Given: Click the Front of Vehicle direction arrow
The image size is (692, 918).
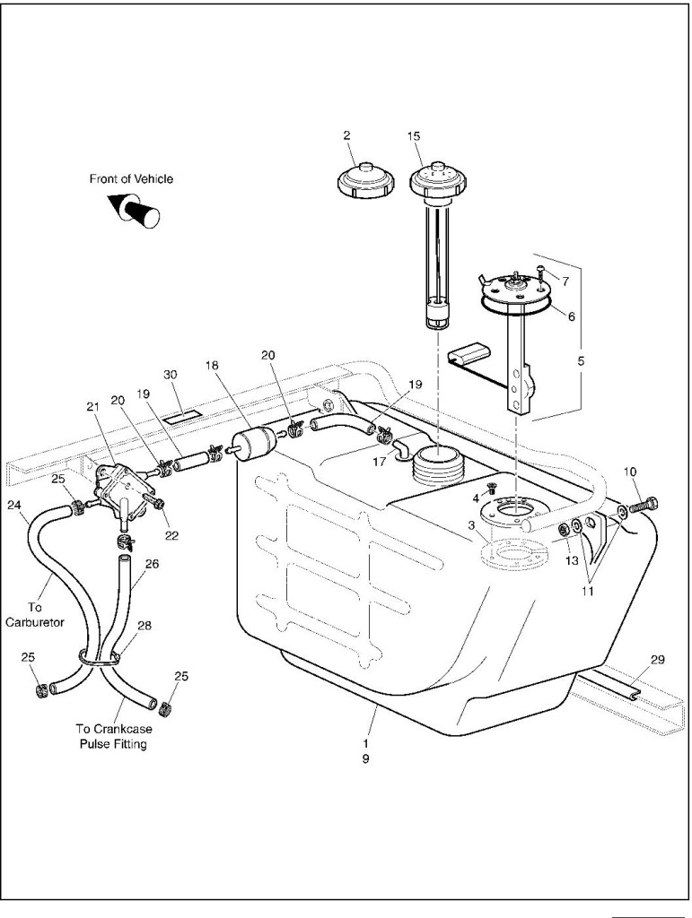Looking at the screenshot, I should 134,211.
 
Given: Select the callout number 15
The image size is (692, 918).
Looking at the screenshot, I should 414,136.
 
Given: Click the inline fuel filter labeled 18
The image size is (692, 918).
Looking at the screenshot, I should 250,443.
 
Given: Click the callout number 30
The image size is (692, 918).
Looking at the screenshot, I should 171,374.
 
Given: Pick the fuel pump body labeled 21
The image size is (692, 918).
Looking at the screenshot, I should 121,485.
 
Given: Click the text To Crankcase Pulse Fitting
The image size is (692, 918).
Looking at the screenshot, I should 112,736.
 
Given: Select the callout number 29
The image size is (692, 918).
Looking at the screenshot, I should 658,660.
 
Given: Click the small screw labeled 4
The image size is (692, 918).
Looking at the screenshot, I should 493,488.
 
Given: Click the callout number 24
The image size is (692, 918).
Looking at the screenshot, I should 14,505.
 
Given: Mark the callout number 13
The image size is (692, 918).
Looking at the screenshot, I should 572,560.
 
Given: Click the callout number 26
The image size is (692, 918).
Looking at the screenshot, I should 152,564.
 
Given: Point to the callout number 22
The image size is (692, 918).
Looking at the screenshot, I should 171,535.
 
